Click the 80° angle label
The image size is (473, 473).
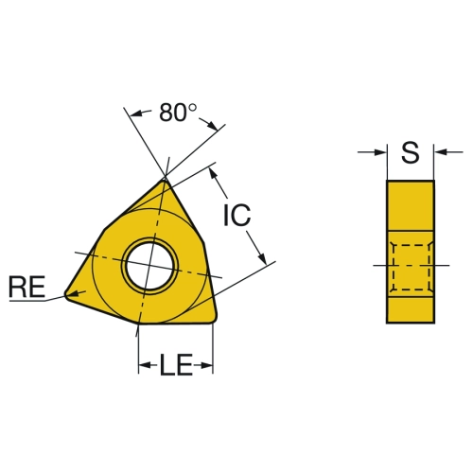click(x=178, y=113)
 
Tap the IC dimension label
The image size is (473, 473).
click(x=236, y=215)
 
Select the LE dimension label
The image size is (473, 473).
click(x=176, y=365)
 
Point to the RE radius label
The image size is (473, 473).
click(x=27, y=287)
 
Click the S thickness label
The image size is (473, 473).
click(x=411, y=152)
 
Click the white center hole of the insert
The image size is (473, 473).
click(x=149, y=266)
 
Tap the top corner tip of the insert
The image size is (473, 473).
click(x=165, y=180)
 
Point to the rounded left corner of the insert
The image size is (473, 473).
click(x=67, y=294)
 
